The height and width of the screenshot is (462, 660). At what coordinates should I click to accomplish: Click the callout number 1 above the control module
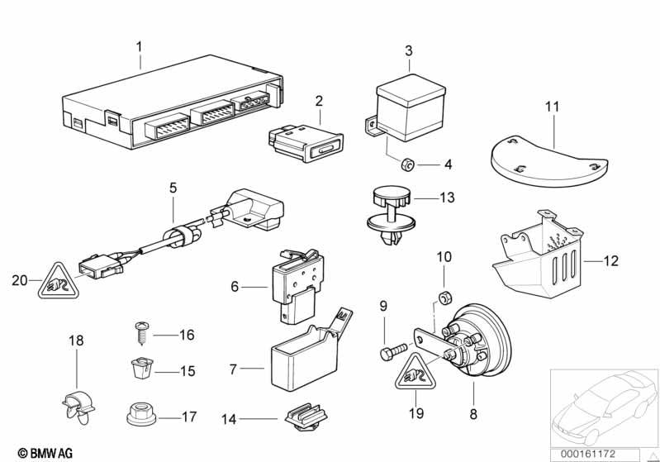coord(139,46)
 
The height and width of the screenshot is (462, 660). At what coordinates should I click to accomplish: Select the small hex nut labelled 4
coord(407,164)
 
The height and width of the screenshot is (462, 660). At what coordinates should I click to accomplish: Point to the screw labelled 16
coord(142,333)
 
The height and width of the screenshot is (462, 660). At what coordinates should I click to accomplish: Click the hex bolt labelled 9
coord(393,351)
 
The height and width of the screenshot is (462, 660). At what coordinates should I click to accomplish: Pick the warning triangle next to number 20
coord(58,281)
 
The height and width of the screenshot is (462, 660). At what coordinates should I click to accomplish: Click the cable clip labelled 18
coord(78,406)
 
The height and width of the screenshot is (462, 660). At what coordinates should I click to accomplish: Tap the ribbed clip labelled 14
coord(306,417)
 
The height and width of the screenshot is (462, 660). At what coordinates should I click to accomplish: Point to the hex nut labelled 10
coord(444,298)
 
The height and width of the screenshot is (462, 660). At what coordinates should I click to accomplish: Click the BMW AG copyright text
coord(45,453)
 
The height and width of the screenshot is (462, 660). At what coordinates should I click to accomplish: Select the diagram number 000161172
coord(587,454)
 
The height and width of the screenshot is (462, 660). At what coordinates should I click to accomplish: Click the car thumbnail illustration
coord(604,408)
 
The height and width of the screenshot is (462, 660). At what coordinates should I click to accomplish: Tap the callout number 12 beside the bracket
coord(610,261)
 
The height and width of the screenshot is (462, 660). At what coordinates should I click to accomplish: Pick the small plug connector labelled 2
coord(306,144)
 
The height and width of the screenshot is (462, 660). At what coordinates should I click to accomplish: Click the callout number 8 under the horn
coord(473,414)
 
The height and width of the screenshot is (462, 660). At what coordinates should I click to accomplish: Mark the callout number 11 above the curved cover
coord(553,107)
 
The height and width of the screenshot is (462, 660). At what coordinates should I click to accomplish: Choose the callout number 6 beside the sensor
coord(235,287)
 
